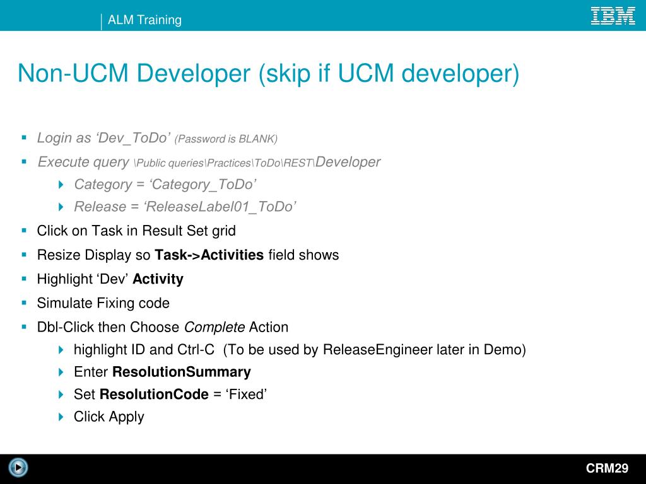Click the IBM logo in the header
(613, 16)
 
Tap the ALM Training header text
(144, 20)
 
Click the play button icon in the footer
(19, 468)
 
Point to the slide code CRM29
(607, 468)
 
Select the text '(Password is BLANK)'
(226, 139)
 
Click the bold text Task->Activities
(209, 255)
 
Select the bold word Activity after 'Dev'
(158, 279)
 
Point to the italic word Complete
(214, 328)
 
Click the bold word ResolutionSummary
(182, 372)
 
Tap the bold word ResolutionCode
(154, 395)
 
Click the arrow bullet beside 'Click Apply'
(61, 417)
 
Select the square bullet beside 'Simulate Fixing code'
(24, 302)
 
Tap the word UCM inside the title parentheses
(366, 74)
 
